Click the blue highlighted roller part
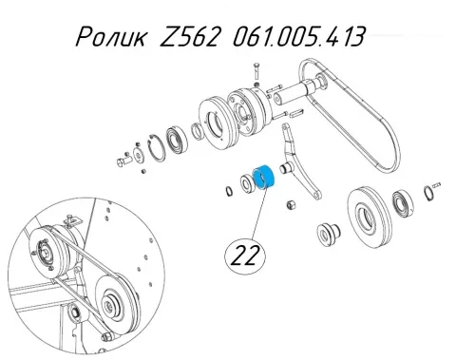click(265, 178)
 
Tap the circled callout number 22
click(245, 256)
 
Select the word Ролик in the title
click(111, 36)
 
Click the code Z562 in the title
click(190, 36)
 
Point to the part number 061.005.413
click(299, 36)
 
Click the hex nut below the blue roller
click(291, 204)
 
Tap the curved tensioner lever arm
click(298, 161)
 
